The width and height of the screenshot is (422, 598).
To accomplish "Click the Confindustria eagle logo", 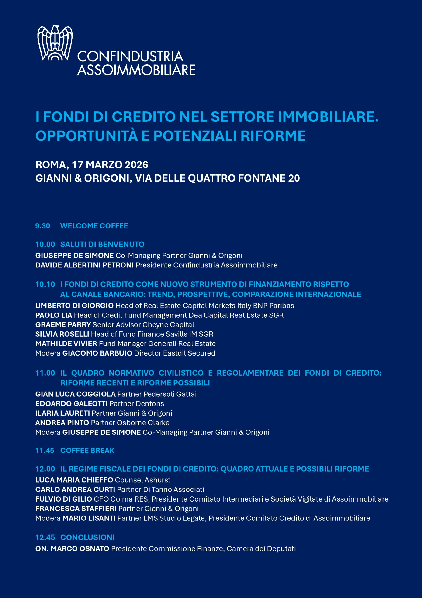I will (55, 43).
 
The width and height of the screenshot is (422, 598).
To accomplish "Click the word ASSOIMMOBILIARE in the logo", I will (136, 70).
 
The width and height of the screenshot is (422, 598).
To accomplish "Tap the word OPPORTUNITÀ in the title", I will (86, 136).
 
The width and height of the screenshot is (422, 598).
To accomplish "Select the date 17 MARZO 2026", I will (110, 165).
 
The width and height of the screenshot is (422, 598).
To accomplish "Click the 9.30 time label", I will (43, 226).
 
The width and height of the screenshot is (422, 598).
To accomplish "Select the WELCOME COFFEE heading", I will (94, 226).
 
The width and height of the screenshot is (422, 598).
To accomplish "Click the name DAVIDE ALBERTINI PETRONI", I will (84, 265).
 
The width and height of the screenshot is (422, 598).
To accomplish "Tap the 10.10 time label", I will (45, 285).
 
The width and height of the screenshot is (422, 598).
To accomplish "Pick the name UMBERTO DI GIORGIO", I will (74, 306).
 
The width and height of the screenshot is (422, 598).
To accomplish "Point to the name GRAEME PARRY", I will (63, 325).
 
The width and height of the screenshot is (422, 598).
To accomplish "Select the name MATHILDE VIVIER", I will (66, 344).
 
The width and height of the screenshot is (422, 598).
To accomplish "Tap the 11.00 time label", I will (45, 373).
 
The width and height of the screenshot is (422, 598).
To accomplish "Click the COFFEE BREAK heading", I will (87, 451).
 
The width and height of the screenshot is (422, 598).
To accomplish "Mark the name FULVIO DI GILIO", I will (63, 499).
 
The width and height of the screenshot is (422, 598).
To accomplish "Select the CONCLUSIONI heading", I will (87, 537).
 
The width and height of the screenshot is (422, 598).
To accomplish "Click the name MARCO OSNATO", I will (80, 549).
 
